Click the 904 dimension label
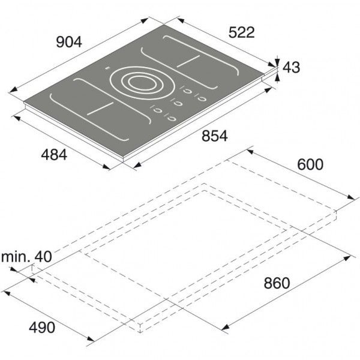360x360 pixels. [69, 42]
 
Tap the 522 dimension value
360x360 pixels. [242, 32]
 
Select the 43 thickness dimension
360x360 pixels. [291, 67]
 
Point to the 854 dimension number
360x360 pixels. [215, 136]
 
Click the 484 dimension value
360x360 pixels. [54, 155]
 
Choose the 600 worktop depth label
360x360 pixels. [310, 164]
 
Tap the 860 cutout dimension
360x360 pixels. [277, 283]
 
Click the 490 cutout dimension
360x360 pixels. [42, 328]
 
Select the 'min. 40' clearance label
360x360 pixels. [26, 256]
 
